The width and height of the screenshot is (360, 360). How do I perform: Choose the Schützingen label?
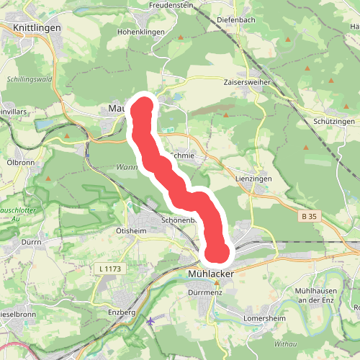334,122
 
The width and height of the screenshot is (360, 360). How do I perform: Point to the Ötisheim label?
131,231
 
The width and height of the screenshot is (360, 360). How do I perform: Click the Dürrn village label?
30,243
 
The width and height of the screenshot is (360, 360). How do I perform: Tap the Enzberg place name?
121,312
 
